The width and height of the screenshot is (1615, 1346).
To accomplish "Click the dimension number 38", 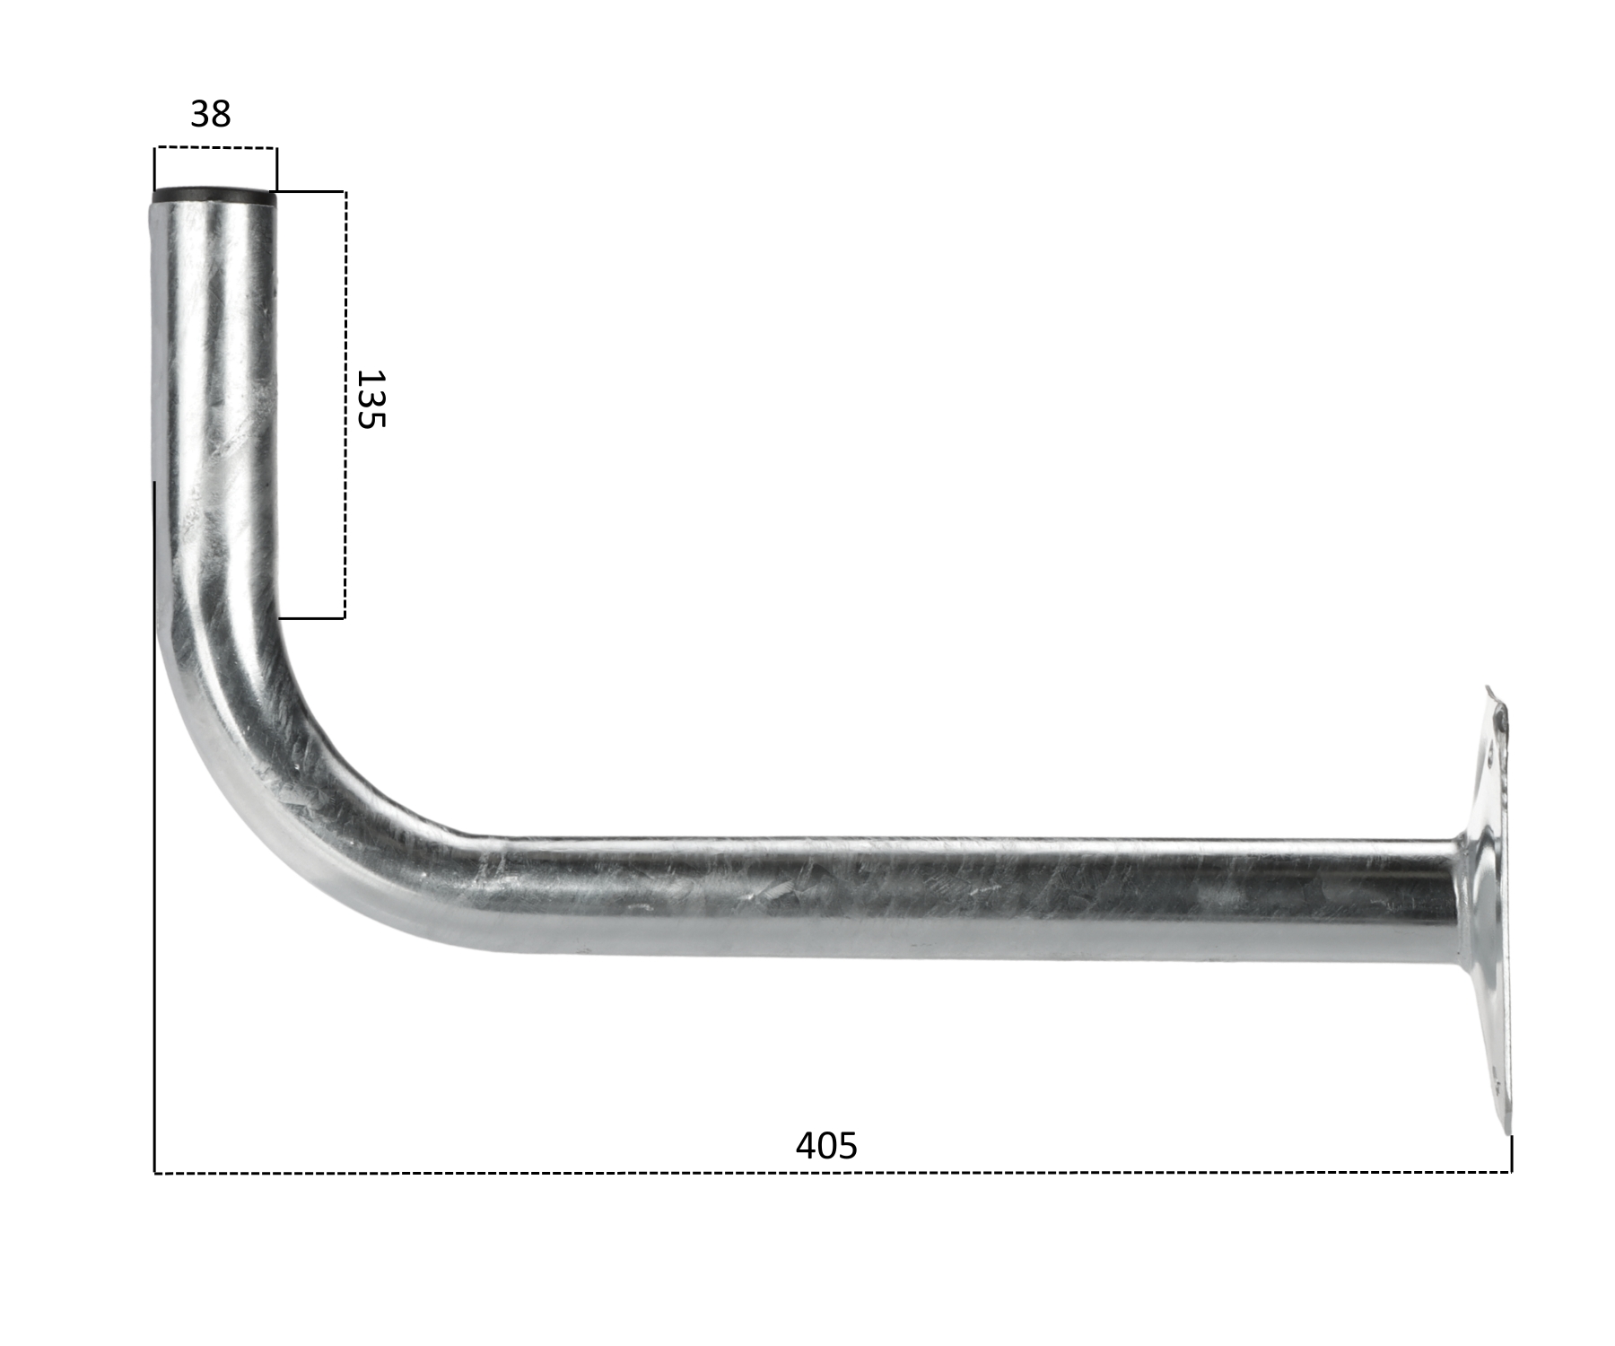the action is pyautogui.click(x=211, y=114).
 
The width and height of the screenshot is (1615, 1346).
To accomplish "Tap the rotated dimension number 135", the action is pyautogui.click(x=370, y=399).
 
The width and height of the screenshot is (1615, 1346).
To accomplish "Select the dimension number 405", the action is pyautogui.click(x=826, y=1146).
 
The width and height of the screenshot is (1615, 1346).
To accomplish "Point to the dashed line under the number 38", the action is pyautogui.click(x=215, y=148).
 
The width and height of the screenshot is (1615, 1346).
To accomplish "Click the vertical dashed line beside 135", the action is pyautogui.click(x=345, y=405).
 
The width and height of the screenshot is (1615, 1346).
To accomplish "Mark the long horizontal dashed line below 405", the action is pyautogui.click(x=833, y=1172).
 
